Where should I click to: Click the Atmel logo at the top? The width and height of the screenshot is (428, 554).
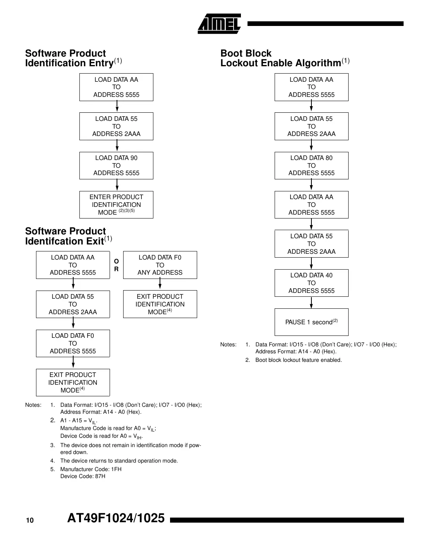tap(219, 24)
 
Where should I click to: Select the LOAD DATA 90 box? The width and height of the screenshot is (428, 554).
tap(116, 165)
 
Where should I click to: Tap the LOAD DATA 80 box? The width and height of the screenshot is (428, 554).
tap(311, 165)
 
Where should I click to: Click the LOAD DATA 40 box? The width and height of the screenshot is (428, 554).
tap(311, 283)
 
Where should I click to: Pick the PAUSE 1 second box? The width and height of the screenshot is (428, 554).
tap(311, 322)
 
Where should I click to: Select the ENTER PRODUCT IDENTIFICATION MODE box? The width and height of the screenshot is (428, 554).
tap(116, 205)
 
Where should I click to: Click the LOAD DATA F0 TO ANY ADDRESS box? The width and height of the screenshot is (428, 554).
tap(160, 265)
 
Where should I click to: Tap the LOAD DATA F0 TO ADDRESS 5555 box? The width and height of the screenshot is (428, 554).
tap(73, 343)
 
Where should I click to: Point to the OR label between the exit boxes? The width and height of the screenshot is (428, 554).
tap(116, 265)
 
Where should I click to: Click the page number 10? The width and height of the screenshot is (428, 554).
tap(30, 520)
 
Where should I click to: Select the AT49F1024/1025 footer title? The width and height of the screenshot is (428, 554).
tap(116, 518)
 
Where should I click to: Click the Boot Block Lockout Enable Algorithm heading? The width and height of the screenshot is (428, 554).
tap(284, 58)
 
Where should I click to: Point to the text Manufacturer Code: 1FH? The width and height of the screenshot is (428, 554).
tap(91, 469)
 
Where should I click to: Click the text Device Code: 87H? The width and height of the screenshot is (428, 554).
tap(83, 476)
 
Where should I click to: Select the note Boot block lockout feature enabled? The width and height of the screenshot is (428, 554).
tap(298, 360)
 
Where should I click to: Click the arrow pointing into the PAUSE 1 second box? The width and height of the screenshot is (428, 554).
tap(311, 303)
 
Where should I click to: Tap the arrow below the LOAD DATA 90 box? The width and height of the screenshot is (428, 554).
tap(117, 185)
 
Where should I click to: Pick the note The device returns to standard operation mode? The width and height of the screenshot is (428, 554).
tap(119, 461)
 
